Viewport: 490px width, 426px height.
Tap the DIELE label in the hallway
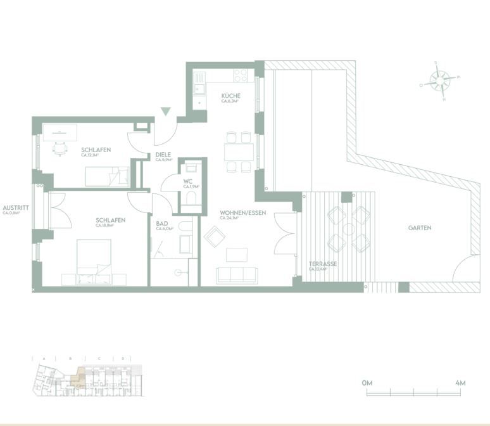[163, 155]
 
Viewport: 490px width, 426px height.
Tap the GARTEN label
[420, 228]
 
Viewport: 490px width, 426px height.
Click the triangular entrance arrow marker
[166, 112]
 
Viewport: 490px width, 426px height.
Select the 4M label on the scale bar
[460, 383]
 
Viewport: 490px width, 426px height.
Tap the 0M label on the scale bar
[368, 383]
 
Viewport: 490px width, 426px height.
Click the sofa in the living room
[237, 274]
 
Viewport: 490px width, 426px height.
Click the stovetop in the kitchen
[241, 75]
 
